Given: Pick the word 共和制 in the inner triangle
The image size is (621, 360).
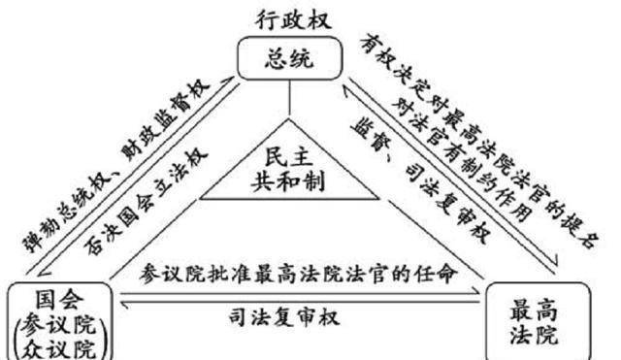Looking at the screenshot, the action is click(286, 180).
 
